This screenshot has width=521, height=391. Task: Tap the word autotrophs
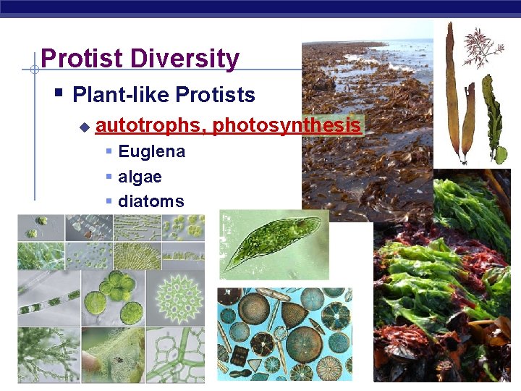click(150, 126)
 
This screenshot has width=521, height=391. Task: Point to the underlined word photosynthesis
click(287, 126)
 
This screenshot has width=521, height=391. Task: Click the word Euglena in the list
click(151, 152)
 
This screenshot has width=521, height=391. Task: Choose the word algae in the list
click(140, 177)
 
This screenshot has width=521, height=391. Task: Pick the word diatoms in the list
click(151, 201)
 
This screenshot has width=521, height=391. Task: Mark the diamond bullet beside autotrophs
click(84, 127)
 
